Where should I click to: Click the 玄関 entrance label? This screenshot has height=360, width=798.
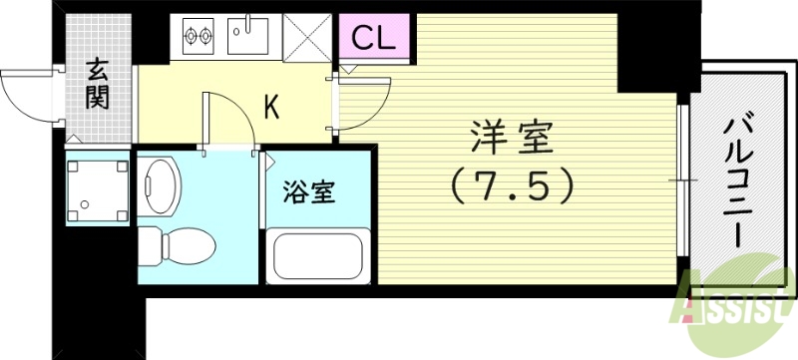pos(98,84)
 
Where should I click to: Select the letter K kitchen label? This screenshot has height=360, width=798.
pos(269,107)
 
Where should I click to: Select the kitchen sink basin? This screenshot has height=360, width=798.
pos(249,39)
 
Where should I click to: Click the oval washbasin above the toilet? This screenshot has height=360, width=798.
pos(160,181)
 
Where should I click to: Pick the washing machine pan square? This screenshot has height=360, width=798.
pos(97,186)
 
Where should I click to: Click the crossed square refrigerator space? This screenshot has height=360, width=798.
pos(310,38)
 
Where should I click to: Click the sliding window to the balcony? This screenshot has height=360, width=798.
pos(683,180)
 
